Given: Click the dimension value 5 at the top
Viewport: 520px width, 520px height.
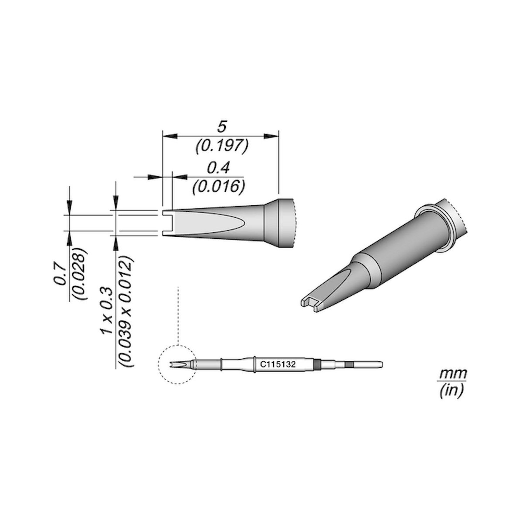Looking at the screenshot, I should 221,127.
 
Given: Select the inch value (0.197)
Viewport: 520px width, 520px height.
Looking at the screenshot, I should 222,147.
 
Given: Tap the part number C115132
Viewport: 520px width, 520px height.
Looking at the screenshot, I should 278,365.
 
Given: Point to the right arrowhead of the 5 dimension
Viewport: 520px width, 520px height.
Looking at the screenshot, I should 271,136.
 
